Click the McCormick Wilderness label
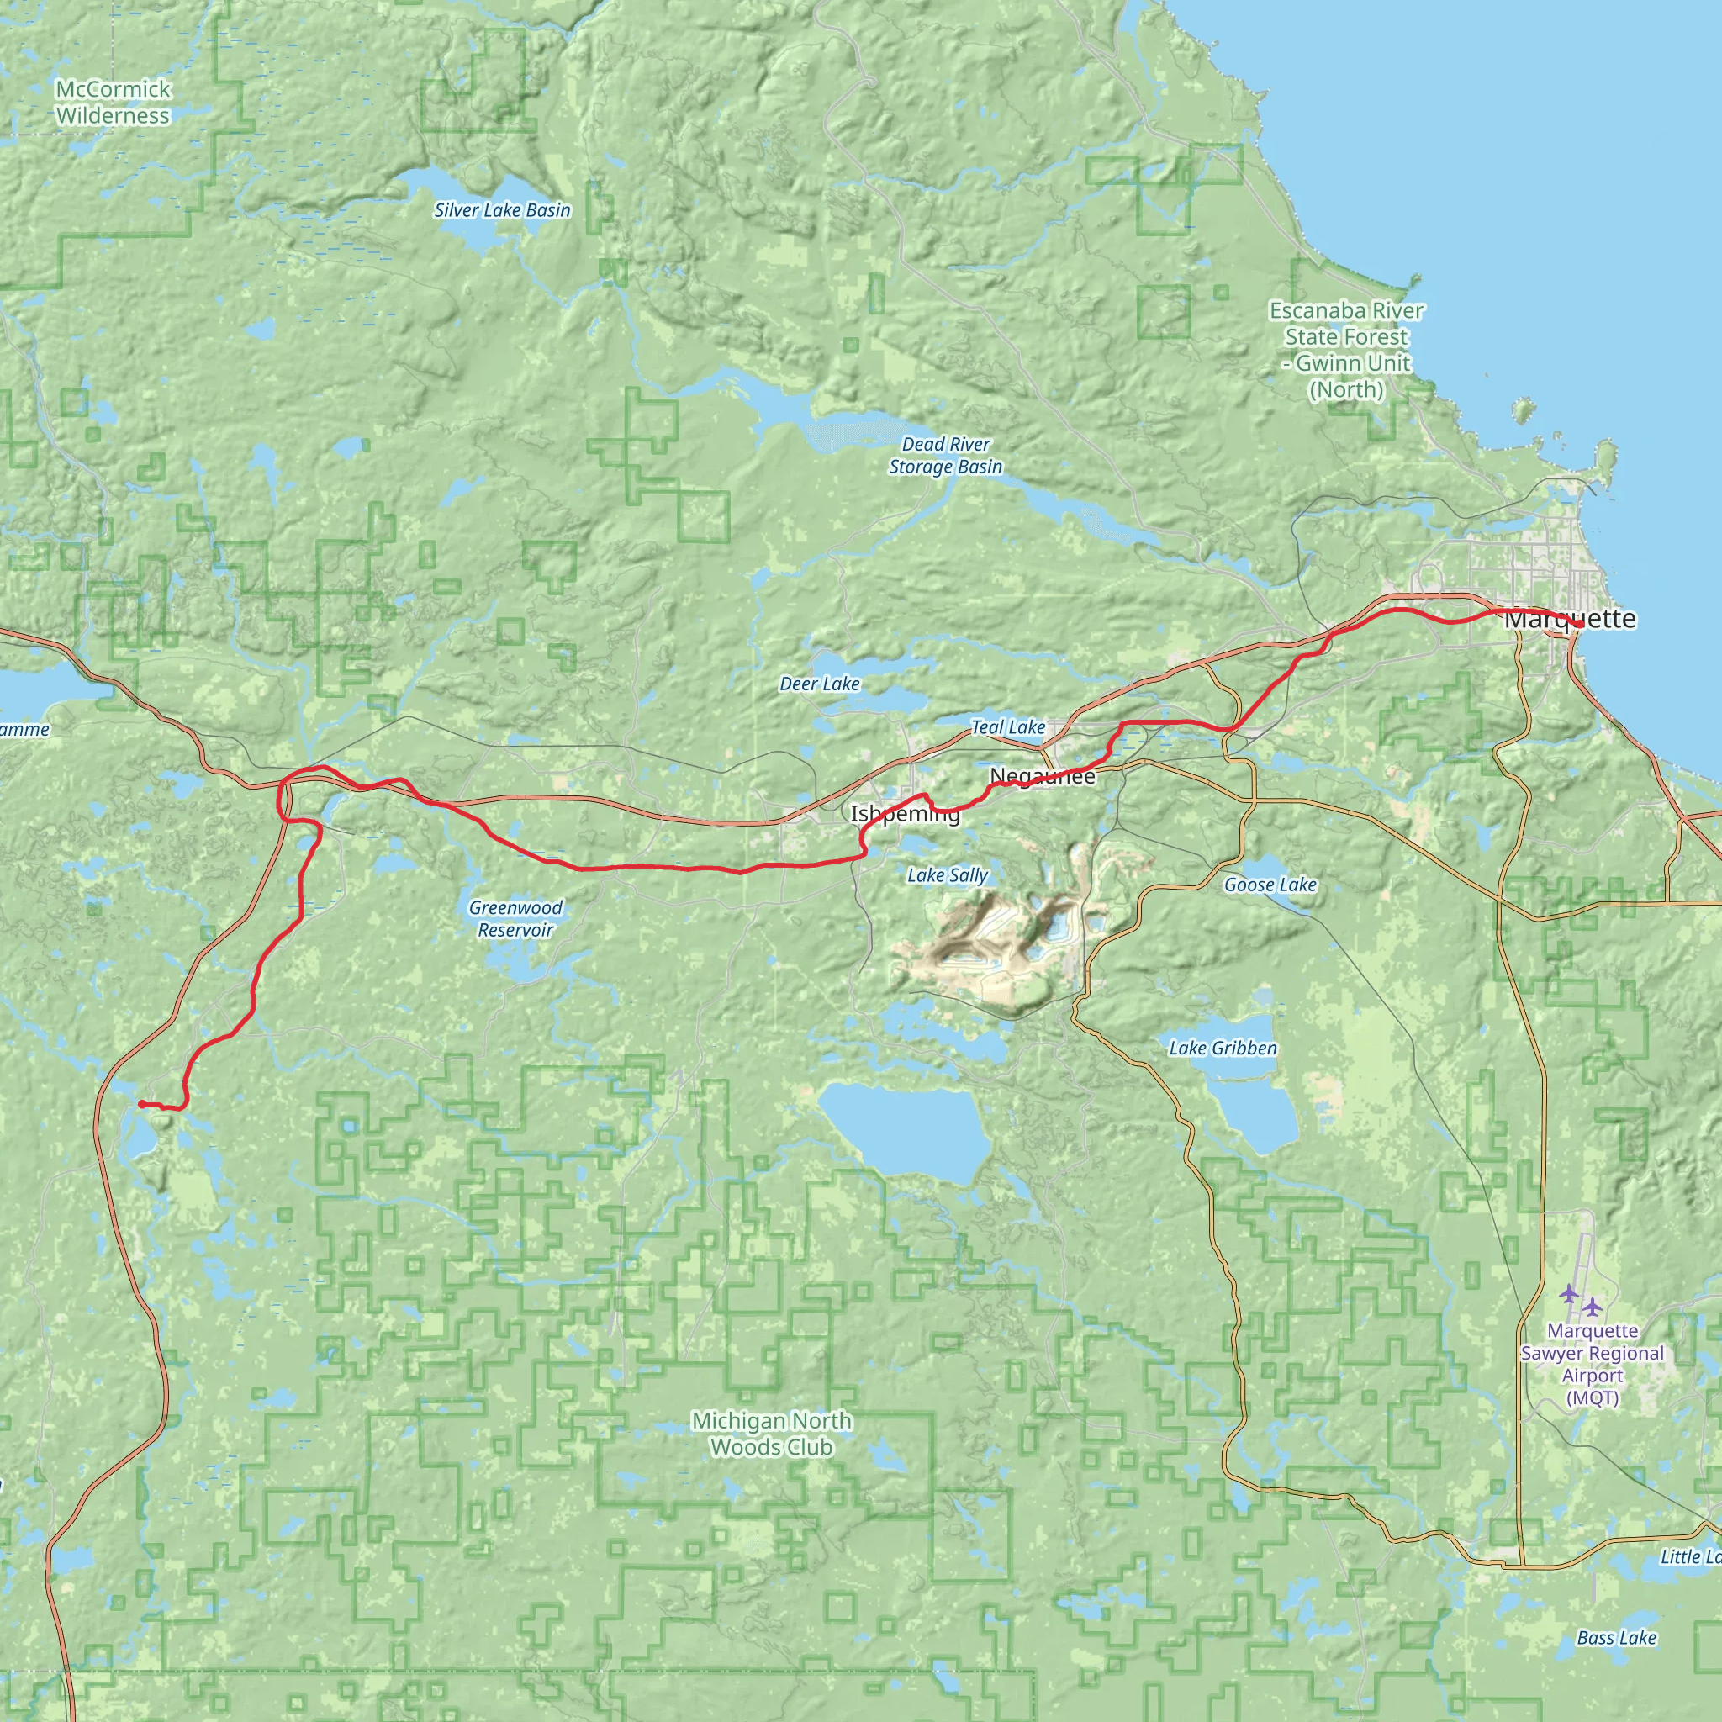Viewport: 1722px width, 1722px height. (113, 103)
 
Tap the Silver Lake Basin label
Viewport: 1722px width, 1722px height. (502, 210)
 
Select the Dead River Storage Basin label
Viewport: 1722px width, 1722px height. (946, 456)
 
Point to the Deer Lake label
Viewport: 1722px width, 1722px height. (819, 684)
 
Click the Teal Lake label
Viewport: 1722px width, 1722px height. (1007, 727)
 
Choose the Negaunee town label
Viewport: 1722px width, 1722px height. (1042, 776)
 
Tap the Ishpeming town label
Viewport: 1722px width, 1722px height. (905, 814)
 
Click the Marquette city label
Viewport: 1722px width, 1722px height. (1570, 619)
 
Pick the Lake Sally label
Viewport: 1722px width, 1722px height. (947, 875)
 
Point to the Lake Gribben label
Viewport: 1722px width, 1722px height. (1222, 1049)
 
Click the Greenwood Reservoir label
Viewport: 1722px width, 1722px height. (515, 919)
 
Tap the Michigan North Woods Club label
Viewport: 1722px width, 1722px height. (771, 1434)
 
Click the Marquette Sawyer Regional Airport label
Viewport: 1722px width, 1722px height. (1592, 1364)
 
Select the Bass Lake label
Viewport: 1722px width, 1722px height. (1616, 1637)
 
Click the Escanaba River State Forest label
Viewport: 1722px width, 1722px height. (1346, 351)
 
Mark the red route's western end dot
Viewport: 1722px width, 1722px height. (143, 1104)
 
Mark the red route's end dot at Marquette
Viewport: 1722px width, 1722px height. (1579, 625)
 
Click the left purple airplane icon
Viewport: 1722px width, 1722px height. (1569, 1293)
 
